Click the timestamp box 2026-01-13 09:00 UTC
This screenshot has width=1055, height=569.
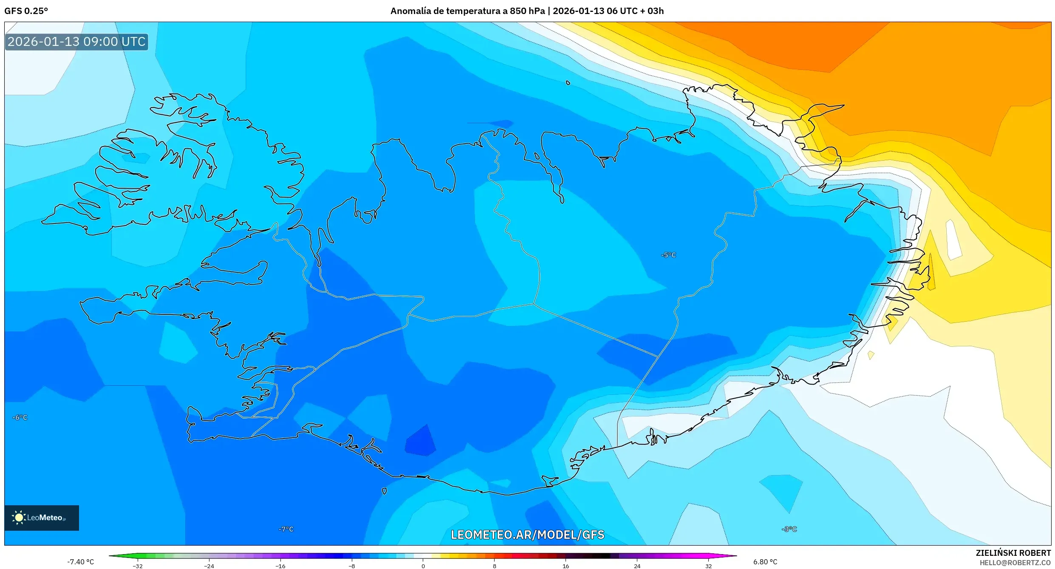click(x=76, y=42)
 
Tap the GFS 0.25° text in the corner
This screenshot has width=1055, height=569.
click(x=26, y=11)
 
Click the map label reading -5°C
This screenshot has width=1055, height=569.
click(x=668, y=255)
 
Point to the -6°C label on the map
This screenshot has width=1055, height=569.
click(x=20, y=418)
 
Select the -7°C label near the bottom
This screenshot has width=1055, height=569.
click(x=286, y=529)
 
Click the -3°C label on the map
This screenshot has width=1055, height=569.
click(x=789, y=529)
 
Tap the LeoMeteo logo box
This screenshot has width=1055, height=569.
click(x=42, y=518)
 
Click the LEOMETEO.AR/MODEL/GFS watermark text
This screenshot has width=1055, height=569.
click(x=527, y=535)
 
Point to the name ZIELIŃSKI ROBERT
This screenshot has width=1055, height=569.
click(x=1013, y=553)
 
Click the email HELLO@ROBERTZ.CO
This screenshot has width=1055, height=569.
click(x=1015, y=563)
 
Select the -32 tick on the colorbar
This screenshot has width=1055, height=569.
click(x=138, y=566)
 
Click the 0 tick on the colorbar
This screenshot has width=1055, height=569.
click(x=423, y=566)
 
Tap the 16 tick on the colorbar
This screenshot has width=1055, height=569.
click(x=566, y=566)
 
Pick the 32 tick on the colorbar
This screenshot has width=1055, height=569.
click(x=708, y=566)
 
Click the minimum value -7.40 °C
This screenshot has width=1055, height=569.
click(x=81, y=562)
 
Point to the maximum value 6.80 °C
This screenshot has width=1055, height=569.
click(x=765, y=562)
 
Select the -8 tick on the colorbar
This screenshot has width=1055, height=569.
click(x=352, y=566)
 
